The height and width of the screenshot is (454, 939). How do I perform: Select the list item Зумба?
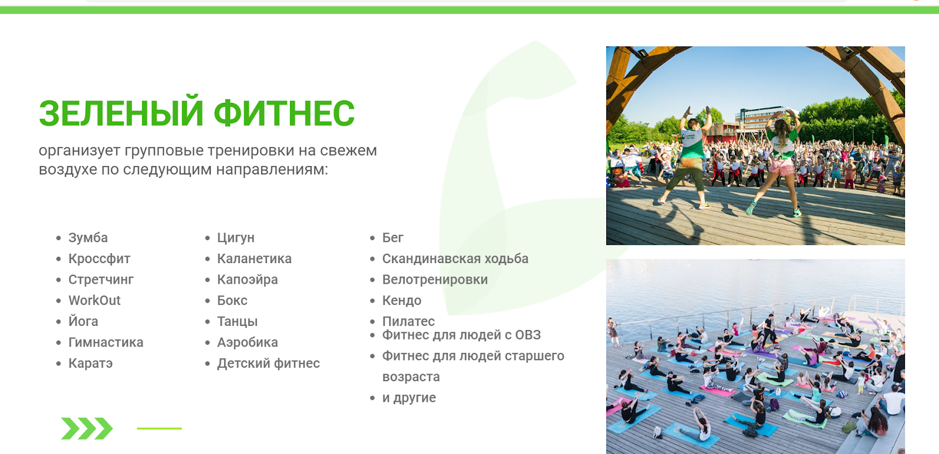(88, 237)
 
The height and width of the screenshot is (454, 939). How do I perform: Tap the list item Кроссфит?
(99, 258)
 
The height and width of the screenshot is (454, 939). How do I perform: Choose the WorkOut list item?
(94, 301)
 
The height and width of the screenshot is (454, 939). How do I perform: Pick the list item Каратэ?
(90, 364)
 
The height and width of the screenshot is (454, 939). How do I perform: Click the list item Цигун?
(235, 238)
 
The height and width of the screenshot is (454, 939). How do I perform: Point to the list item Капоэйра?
(247, 280)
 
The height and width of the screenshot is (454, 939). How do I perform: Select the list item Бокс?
(232, 301)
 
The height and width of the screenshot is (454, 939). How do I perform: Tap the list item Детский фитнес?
(268, 364)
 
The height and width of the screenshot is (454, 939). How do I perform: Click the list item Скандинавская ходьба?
(455, 259)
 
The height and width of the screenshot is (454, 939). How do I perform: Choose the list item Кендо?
(401, 301)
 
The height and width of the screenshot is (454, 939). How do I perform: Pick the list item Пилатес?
(408, 321)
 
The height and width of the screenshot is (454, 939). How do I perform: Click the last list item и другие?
(408, 398)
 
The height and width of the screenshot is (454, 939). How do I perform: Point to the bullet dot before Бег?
(372, 238)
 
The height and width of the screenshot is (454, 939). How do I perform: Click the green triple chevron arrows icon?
(87, 428)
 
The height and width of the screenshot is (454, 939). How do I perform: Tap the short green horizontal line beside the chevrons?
(159, 428)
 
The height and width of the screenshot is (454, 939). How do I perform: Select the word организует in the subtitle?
(80, 151)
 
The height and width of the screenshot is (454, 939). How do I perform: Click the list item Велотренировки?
(435, 280)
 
